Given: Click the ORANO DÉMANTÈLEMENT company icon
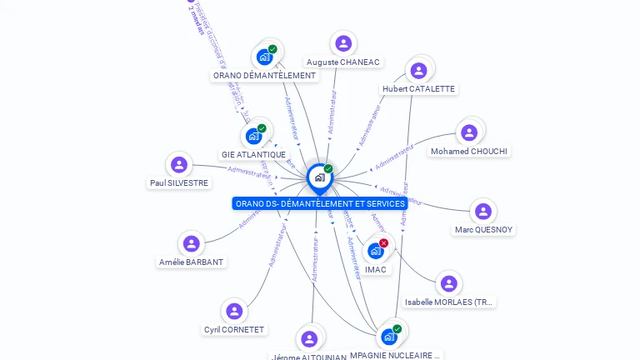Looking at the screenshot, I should click(x=264, y=57).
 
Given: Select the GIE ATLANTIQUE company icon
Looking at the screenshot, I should click(x=253, y=136).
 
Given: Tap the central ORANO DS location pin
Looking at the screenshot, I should click(x=319, y=177).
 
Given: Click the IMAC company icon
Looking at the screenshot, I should click(x=376, y=251).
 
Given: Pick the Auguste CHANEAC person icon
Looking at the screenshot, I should click(x=342, y=43).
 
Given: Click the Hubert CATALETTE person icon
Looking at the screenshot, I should click(x=418, y=70).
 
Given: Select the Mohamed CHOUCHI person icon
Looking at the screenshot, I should click(x=469, y=132).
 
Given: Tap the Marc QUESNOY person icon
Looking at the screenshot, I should click(x=483, y=211).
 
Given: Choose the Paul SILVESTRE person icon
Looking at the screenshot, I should click(x=178, y=164).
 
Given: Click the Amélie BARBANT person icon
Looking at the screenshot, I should click(x=192, y=243).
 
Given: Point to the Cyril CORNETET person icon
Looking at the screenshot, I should click(x=234, y=311).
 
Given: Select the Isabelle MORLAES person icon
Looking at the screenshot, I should click(x=448, y=283).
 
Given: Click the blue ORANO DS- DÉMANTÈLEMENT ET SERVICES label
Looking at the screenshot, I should click(x=320, y=203).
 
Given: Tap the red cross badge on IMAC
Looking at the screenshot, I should click(x=383, y=242).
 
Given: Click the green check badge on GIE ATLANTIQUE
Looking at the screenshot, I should click(x=262, y=128).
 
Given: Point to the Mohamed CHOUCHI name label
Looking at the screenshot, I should click(x=469, y=152).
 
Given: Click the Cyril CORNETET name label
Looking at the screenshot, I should click(x=234, y=330).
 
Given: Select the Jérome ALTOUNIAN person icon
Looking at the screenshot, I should click(x=309, y=339).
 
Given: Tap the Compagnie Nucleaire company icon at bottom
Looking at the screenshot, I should click(x=388, y=337).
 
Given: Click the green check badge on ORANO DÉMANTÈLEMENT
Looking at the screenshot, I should click(x=272, y=49).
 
